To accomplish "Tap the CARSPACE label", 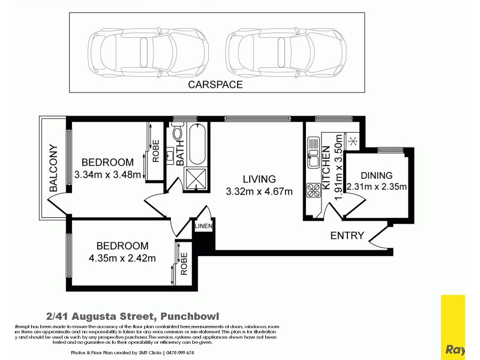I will point(215,85).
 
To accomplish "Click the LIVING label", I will point(259,179).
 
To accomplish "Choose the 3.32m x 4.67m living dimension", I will point(259,192).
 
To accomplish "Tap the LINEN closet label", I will point(202,226).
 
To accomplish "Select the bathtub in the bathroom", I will point(197,145).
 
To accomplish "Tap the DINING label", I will point(377,175).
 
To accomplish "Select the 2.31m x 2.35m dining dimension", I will point(377,187).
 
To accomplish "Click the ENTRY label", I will point(347,236).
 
